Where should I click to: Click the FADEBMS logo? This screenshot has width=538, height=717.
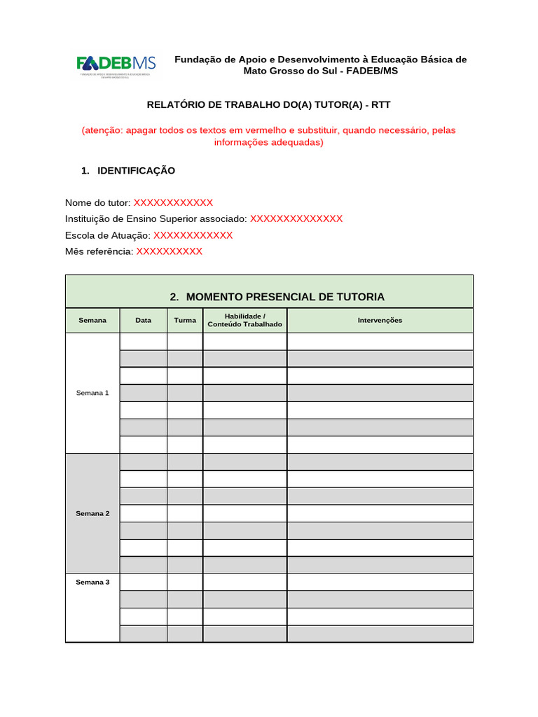coord(116,64)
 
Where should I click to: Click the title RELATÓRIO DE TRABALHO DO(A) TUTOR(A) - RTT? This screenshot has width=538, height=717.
coord(268,104)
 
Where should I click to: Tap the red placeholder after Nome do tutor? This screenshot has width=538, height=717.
coord(173,202)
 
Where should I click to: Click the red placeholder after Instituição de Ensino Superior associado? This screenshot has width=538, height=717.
coord(296,218)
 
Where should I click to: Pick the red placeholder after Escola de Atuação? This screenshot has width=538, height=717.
coord(193,235)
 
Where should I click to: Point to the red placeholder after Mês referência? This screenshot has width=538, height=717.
coord(170,251)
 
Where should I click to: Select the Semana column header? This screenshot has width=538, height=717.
coord(92,320)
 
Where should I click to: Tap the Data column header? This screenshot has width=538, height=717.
coord(144,320)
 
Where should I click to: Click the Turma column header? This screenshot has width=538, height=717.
coord(185,320)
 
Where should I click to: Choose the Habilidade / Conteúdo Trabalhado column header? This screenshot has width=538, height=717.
coord(245,320)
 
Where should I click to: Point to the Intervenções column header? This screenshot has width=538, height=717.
coord(380,320)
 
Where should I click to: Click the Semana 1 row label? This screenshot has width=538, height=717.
coord(92,393)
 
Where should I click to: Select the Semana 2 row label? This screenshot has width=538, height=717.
coord(92,513)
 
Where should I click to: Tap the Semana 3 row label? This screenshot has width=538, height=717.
coord(92,582)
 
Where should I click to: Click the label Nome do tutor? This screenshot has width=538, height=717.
coord(97,202)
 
